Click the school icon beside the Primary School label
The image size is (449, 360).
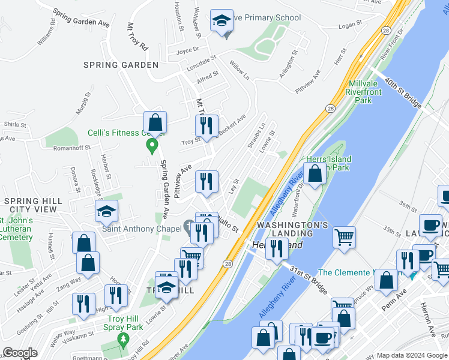tap(221, 21)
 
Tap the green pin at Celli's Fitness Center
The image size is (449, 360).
tap(152, 145)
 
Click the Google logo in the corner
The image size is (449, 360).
tap(20, 353)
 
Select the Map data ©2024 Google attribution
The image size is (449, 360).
tap(411, 355)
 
